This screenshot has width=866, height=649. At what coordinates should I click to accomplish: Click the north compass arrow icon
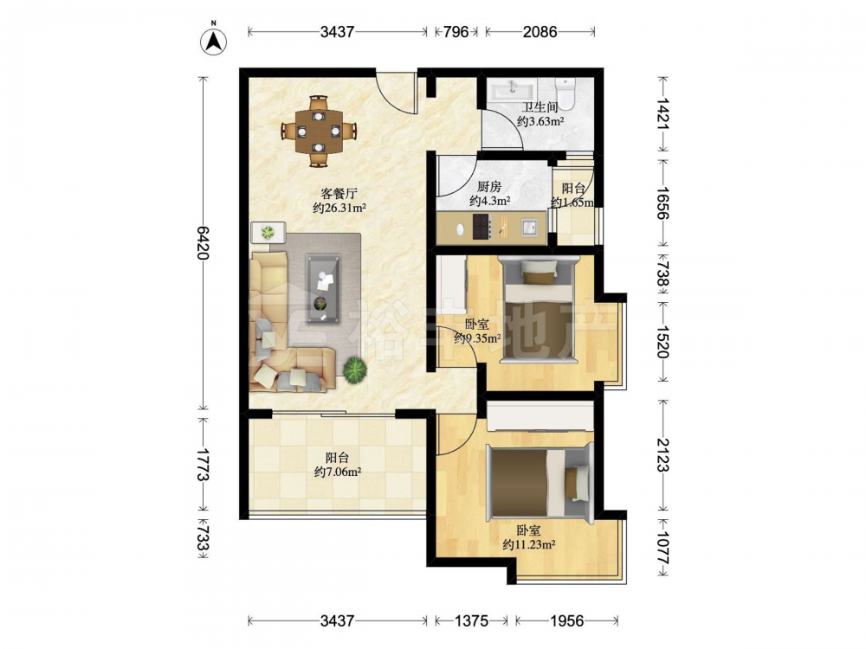pos(213,39)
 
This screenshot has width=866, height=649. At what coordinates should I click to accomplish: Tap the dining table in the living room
pos(319,132)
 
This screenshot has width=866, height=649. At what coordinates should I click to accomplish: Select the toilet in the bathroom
pos(565,91)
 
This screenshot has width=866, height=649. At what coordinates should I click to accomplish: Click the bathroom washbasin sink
pos(513,89)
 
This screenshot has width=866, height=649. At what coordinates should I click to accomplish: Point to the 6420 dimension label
pos(203,243)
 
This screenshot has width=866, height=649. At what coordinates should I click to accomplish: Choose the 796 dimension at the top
pos(456,31)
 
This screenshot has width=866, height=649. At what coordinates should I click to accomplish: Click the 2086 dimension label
pos(540,31)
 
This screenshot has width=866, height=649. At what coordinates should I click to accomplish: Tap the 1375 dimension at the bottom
pos(471,620)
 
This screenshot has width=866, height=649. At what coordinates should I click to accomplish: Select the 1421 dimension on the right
pos(662,113)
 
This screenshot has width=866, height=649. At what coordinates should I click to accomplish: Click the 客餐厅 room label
pos(339,194)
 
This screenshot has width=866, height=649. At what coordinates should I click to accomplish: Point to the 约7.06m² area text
pos(338,472)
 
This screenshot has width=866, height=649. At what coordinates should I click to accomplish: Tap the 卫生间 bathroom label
pos(540,107)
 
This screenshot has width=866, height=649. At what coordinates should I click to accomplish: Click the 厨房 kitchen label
pos(489,187)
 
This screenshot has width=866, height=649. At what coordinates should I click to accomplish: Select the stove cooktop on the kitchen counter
pos(481,226)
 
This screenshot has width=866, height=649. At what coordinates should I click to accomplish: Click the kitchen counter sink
pos(529,227)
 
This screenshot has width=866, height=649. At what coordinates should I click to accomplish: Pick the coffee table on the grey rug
pos(323,288)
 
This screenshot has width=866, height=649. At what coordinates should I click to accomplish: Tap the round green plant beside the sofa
pos(354,369)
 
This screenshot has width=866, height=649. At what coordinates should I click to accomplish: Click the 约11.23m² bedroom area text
pos(528,544)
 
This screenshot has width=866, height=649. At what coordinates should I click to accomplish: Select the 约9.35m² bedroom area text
pos(477,337)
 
